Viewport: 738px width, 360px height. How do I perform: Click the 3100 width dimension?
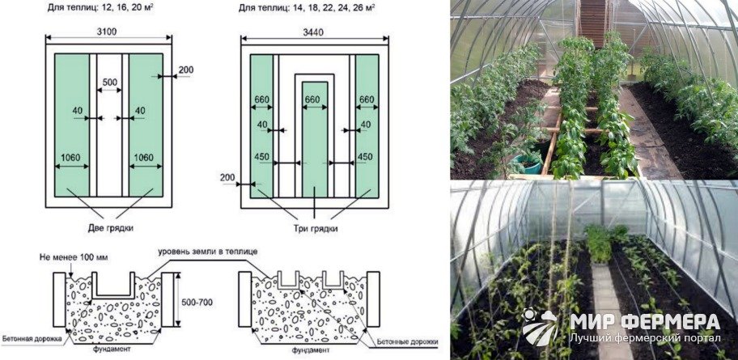[108, 32]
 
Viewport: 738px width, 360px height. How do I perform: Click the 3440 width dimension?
[315, 32]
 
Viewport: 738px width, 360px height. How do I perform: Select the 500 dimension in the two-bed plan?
[109, 82]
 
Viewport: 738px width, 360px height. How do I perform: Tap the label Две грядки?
[111, 229]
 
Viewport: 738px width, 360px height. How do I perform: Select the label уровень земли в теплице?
[207, 252]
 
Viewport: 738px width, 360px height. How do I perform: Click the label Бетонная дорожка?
[32, 338]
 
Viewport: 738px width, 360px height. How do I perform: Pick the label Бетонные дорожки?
[408, 341]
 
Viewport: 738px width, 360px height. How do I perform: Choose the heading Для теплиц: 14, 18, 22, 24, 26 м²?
[307, 8]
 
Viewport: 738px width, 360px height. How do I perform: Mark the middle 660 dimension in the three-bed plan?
[315, 100]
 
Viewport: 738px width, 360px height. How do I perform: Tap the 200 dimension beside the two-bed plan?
[186, 70]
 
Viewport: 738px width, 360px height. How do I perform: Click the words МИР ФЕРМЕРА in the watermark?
[645, 322]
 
